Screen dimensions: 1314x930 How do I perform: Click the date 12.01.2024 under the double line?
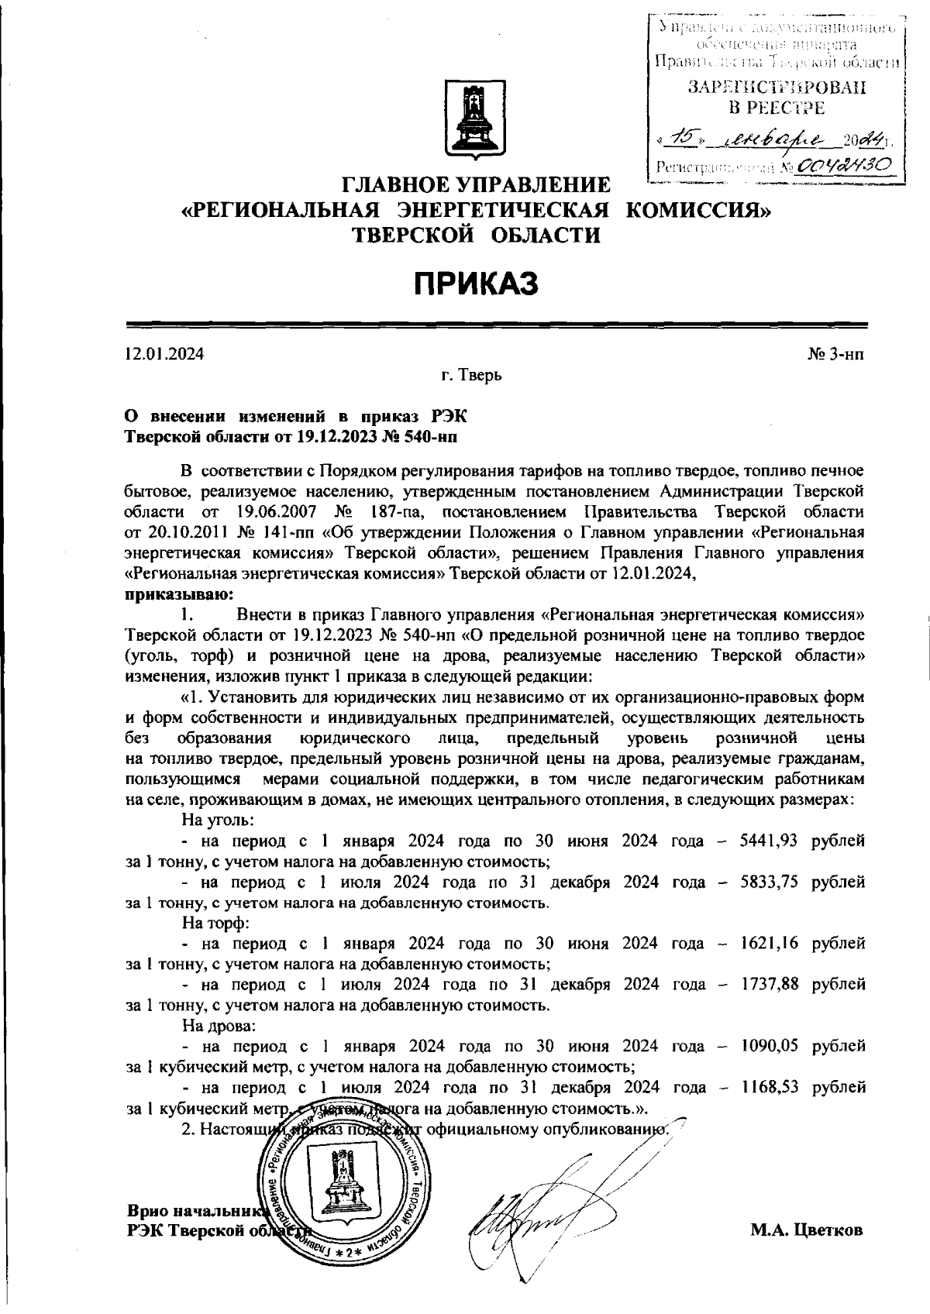coord(164,354)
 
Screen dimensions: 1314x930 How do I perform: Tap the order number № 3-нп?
coord(835,354)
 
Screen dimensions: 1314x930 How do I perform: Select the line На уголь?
coord(218,820)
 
